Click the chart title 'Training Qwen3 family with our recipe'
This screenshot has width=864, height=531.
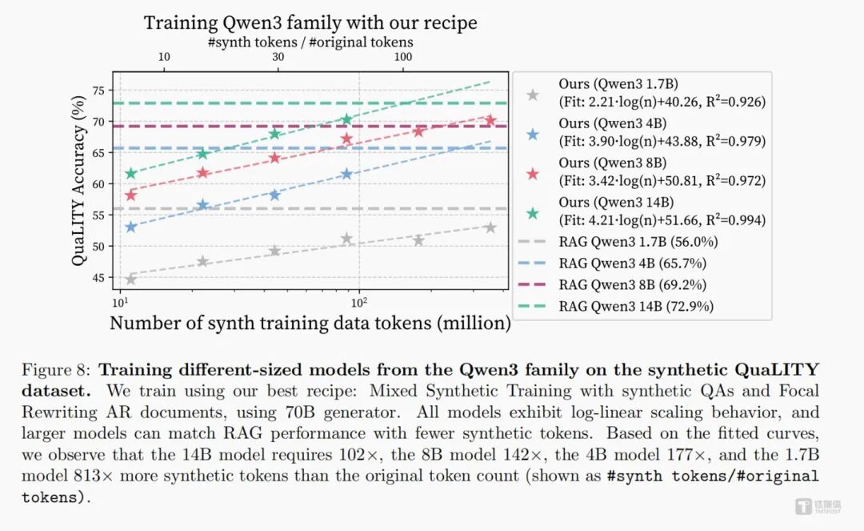pyautogui.click(x=310, y=22)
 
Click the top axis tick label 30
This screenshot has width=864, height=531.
pyautogui.click(x=278, y=57)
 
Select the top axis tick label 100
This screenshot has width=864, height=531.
pyautogui.click(x=403, y=57)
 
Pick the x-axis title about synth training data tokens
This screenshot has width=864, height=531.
pyautogui.click(x=310, y=324)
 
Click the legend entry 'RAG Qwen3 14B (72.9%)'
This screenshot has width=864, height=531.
pyautogui.click(x=637, y=306)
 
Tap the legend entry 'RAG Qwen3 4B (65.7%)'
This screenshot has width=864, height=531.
pyautogui.click(x=633, y=263)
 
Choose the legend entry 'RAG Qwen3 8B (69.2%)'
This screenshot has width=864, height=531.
pyautogui.click(x=633, y=284)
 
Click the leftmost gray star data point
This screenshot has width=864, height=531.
pyautogui.click(x=130, y=279)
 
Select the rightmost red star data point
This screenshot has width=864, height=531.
pyautogui.click(x=490, y=120)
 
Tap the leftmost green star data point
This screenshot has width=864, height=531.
pyautogui.click(x=130, y=174)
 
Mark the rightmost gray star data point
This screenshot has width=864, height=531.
pyautogui.click(x=490, y=227)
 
